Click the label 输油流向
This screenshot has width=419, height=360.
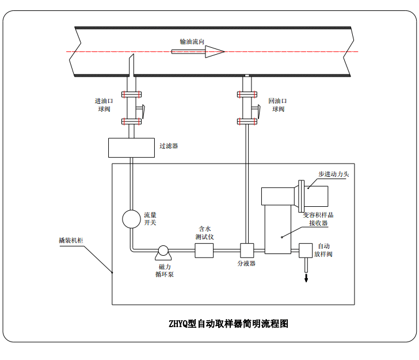pos(192,41)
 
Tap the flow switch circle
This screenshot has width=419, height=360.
pos(132,219)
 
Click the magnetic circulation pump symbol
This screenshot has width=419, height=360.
pos(163,251)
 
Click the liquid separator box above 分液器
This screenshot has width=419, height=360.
pos(247,251)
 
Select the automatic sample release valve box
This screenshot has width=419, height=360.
pos(305,251)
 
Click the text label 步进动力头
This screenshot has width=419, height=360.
pos(334,173)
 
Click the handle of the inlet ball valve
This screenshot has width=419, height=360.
pos(142,109)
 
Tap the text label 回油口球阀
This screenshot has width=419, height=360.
pos(277,104)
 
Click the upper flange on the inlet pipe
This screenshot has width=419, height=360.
pos(132,94)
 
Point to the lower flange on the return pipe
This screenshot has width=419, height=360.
pos(247,121)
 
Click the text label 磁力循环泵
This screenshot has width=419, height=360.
pos(165,270)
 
